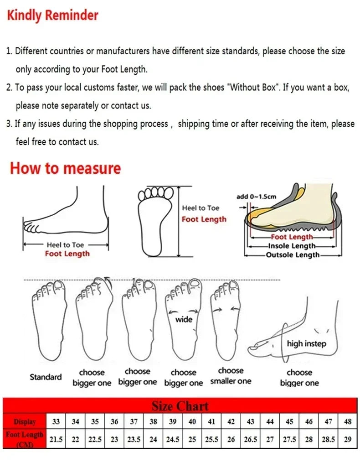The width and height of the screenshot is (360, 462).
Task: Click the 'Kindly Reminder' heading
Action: (52, 16)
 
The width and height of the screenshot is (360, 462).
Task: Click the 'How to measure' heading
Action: (65, 168)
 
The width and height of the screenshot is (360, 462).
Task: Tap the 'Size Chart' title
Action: (180, 406)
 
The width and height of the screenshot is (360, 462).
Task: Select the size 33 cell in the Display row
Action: (56, 422)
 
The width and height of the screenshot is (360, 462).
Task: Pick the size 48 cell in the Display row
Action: (348, 422)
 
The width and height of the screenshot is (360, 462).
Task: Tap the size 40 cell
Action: (192, 422)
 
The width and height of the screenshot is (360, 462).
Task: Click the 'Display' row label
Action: (25, 422)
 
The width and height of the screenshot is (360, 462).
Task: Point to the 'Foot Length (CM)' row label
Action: (25, 439)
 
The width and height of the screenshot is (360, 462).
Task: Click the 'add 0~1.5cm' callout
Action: (256, 197)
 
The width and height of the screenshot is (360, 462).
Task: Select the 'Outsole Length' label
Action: (293, 255)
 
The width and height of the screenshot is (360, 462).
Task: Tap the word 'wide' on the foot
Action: (184, 319)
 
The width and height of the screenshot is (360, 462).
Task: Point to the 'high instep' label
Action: (306, 343)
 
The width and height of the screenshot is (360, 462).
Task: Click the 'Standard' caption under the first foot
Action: (46, 377)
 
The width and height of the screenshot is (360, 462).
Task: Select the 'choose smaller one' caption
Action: (231, 376)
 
